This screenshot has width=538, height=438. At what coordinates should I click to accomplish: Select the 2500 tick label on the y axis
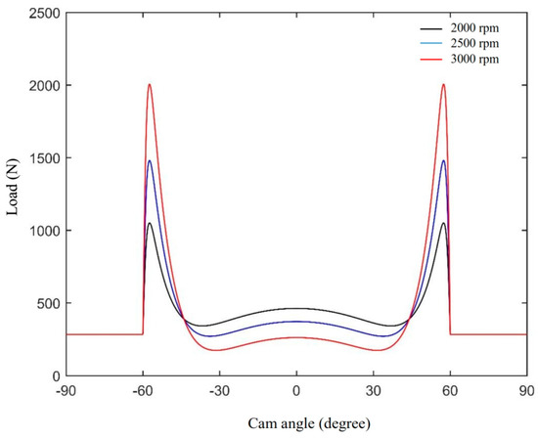(x=41, y=13)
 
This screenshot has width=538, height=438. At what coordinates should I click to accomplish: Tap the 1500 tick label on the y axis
(x=41, y=158)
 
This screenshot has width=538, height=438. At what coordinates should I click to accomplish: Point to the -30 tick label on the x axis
(x=218, y=390)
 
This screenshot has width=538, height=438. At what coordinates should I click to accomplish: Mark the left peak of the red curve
(x=149, y=84)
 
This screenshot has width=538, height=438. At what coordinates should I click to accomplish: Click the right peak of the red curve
(x=443, y=84)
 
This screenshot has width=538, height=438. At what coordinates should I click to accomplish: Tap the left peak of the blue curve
(x=149, y=161)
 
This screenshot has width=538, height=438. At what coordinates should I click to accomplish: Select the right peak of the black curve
(x=443, y=223)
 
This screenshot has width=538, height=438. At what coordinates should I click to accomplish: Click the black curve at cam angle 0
(x=296, y=308)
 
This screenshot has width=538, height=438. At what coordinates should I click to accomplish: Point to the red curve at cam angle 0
(x=296, y=337)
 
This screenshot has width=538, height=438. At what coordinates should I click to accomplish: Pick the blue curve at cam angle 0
(x=296, y=321)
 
